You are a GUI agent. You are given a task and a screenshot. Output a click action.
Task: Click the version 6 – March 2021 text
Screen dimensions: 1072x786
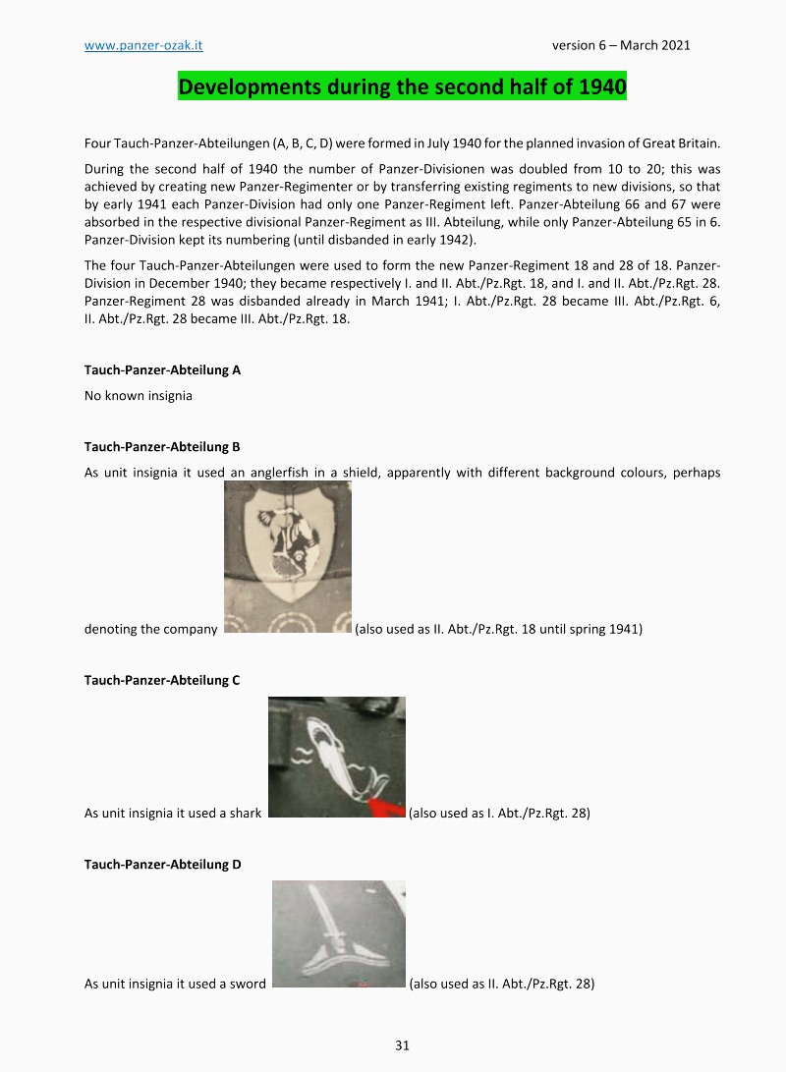click(x=621, y=45)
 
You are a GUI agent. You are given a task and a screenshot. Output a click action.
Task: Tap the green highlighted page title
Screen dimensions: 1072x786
click(x=402, y=86)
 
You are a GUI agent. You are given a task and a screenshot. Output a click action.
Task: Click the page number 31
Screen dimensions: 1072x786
click(x=402, y=1044)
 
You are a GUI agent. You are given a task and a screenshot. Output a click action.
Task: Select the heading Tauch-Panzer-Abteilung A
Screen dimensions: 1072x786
click(x=162, y=370)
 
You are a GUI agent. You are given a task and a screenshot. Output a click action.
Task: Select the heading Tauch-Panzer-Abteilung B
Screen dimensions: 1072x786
click(x=162, y=447)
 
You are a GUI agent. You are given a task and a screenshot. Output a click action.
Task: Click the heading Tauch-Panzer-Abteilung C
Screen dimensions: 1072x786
click(x=162, y=680)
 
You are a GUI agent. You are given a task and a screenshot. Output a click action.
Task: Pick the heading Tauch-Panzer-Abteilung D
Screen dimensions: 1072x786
click(x=162, y=864)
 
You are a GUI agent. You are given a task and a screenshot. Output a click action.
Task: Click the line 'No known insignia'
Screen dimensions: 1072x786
click(x=139, y=396)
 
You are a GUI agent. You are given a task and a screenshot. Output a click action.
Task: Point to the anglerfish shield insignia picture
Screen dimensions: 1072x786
click(x=287, y=556)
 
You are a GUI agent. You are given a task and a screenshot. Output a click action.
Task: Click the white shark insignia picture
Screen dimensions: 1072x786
click(x=336, y=757)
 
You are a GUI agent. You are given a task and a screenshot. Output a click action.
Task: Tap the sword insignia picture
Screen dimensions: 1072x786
click(x=338, y=933)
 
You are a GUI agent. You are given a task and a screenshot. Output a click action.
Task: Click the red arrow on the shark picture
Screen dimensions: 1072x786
click(x=387, y=809)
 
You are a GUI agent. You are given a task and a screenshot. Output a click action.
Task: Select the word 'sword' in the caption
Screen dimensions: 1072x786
click(x=248, y=984)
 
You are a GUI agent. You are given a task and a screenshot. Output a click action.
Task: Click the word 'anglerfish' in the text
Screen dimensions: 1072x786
click(x=280, y=473)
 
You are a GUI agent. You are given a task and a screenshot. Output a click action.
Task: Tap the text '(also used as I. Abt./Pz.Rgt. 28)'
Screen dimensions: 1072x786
click(x=499, y=814)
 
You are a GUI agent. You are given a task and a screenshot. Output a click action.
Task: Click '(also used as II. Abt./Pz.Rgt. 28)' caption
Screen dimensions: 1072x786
click(x=501, y=984)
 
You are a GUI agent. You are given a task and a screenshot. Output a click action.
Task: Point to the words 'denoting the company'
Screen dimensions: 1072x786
click(x=150, y=629)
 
